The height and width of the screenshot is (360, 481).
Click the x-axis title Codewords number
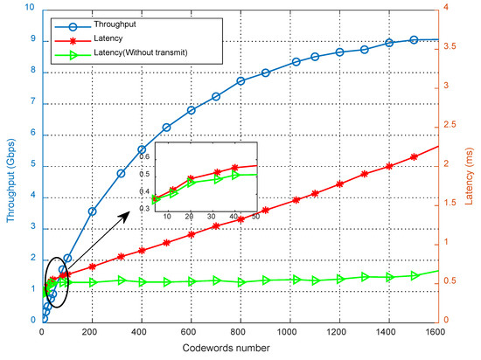[x=239, y=350]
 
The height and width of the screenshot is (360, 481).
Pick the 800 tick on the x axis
[x=239, y=334]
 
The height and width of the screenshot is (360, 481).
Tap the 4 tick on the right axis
[x=447, y=8]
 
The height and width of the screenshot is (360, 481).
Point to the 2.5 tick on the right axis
[x=451, y=125]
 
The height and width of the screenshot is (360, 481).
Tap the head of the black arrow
[x=140, y=210]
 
